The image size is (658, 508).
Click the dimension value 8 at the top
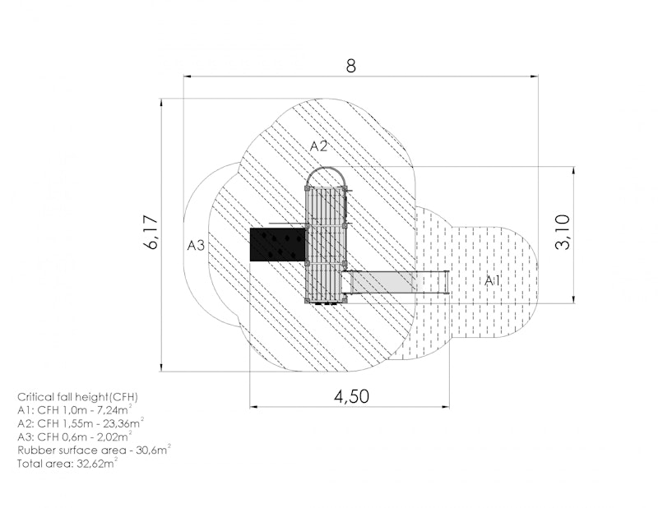pos(351,66)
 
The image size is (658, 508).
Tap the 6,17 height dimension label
pos(152,233)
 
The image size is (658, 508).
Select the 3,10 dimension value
pos(563,233)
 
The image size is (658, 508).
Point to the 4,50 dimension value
pos(352,396)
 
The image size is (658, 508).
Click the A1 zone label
pos(492,280)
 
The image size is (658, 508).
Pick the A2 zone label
pos(318,146)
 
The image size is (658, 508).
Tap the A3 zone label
pos(196,246)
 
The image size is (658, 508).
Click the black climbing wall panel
pos(278,245)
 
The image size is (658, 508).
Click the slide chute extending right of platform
pos(396,282)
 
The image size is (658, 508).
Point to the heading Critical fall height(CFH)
pos(77,397)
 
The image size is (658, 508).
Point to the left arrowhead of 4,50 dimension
pos(254,407)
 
